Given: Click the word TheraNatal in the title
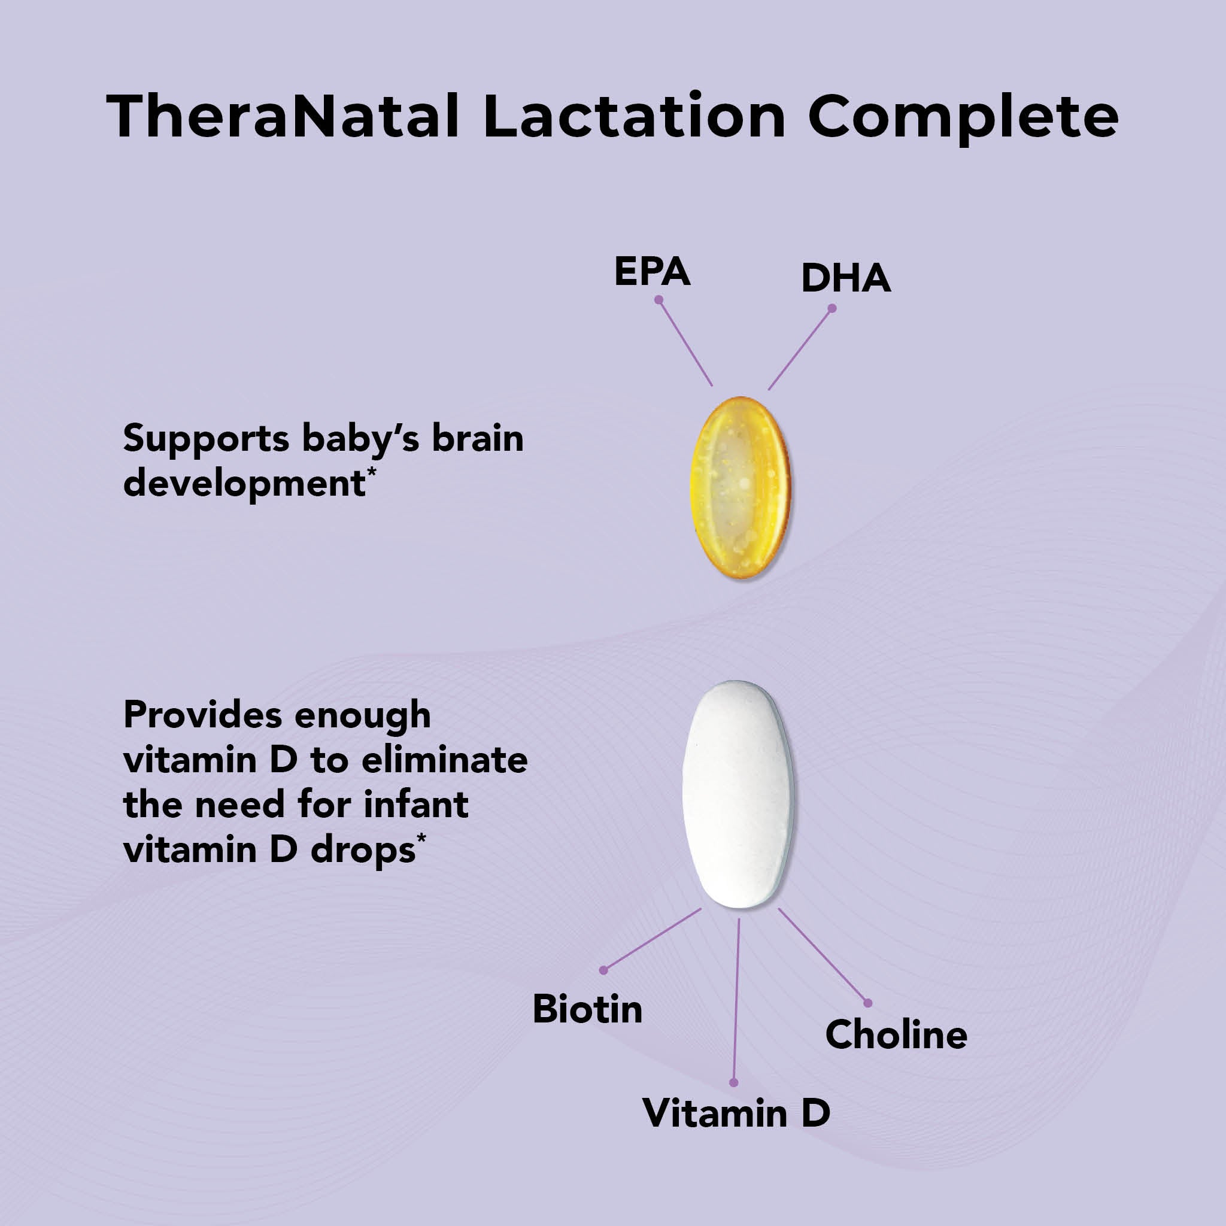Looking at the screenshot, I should pyautogui.click(x=283, y=116).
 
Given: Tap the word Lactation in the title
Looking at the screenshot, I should pyautogui.click(x=635, y=116).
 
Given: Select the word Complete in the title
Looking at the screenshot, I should pyautogui.click(x=963, y=118).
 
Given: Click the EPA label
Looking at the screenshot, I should pyautogui.click(x=652, y=272).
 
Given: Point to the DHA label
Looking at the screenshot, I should pyautogui.click(x=846, y=278).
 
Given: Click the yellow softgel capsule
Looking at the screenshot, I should pyautogui.click(x=740, y=487).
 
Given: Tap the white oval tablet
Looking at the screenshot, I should pyautogui.click(x=738, y=794).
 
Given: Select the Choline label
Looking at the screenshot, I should pyautogui.click(x=896, y=1035).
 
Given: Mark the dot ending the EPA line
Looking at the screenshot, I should pyautogui.click(x=658, y=299).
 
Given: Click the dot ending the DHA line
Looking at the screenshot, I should pyautogui.click(x=832, y=308).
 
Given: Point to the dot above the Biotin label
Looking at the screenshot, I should pyautogui.click(x=603, y=970).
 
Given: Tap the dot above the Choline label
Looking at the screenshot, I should pyautogui.click(x=867, y=1003).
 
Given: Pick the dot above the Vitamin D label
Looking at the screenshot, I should pyautogui.click(x=733, y=1082).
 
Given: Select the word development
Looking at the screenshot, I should pyautogui.click(x=245, y=484).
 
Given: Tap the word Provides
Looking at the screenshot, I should pyautogui.click(x=202, y=715).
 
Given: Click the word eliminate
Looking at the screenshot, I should pyautogui.click(x=444, y=760).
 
